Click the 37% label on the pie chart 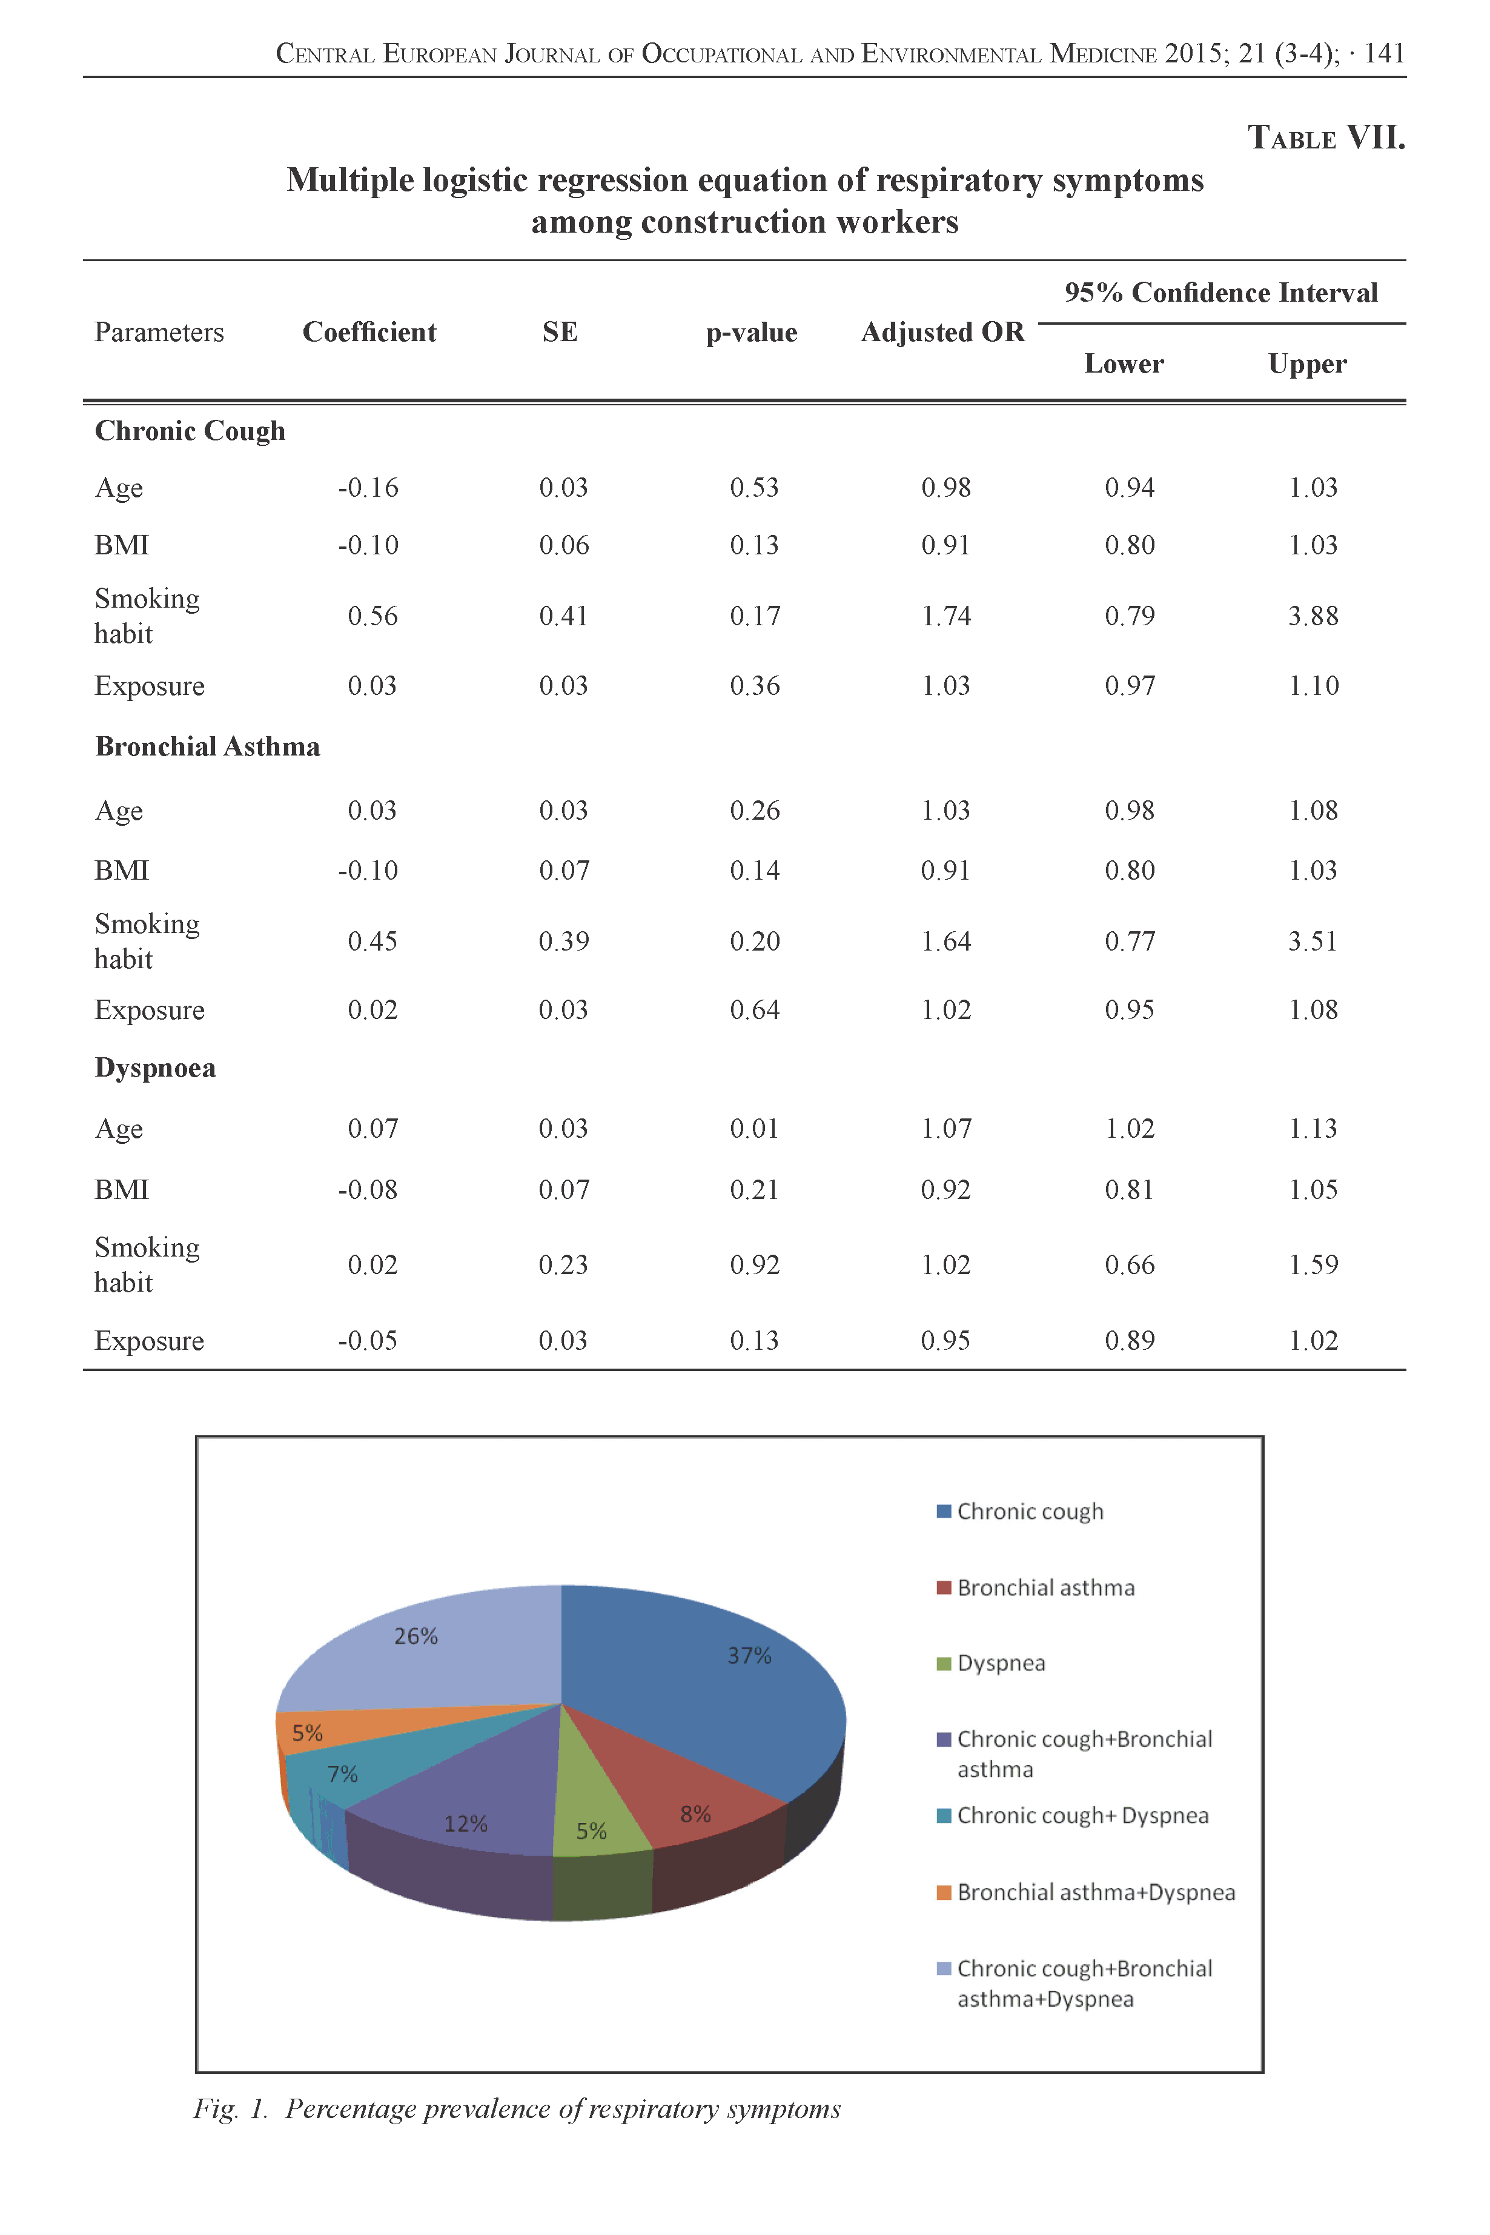click(749, 1655)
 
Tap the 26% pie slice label click(416, 1635)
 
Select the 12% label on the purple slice click(466, 1824)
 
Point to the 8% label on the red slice click(695, 1813)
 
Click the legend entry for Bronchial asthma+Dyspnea click(1094, 1892)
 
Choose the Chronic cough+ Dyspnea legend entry click(1081, 1815)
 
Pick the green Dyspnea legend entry click(999, 1663)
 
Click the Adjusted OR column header click(942, 331)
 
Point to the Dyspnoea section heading click(155, 1068)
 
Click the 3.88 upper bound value click(1313, 616)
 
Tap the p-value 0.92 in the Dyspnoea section click(755, 1265)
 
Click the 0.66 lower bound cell click(1130, 1265)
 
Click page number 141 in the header click(1385, 53)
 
